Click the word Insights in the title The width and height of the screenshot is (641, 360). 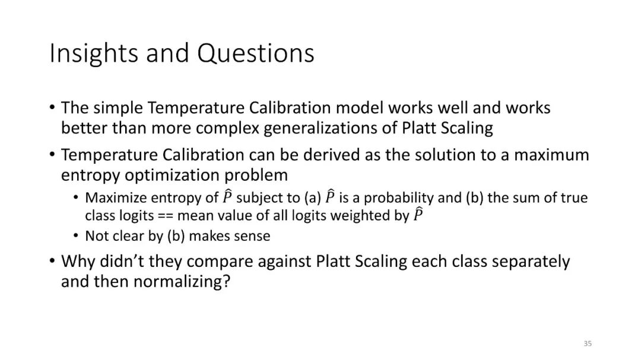coord(94,53)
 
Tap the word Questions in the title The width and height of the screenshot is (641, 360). coord(256,53)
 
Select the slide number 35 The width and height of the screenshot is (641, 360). coord(588,343)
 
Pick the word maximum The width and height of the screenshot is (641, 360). coord(551,155)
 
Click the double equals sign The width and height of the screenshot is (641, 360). coord(166,216)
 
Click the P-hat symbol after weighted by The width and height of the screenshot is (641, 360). coord(417,214)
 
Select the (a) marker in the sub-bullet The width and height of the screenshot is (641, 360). coord(313,197)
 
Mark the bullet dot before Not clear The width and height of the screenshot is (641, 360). coord(75,235)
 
